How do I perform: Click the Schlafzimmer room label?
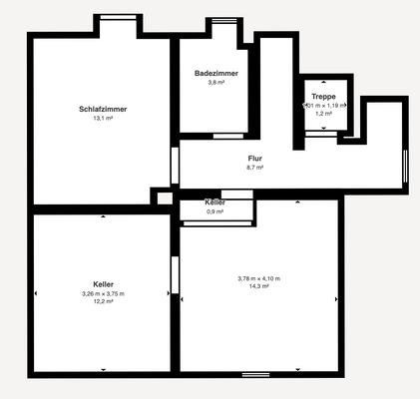click(102, 109)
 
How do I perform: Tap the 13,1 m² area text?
click(102, 118)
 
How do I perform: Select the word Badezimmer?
click(215, 73)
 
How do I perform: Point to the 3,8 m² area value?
click(215, 82)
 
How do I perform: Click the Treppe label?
click(323, 96)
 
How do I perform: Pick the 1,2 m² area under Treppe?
click(323, 113)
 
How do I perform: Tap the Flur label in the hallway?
click(255, 159)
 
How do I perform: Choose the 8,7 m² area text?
click(255, 168)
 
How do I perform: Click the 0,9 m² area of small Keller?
click(215, 211)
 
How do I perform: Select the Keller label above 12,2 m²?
click(102, 284)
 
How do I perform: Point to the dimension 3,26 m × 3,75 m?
click(102, 294)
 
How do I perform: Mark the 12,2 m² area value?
click(102, 303)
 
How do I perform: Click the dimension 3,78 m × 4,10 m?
click(258, 277)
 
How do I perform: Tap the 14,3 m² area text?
click(258, 286)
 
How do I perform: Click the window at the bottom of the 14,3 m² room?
click(255, 374)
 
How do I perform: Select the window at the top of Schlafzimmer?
click(116, 17)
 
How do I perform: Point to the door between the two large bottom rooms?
click(175, 274)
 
